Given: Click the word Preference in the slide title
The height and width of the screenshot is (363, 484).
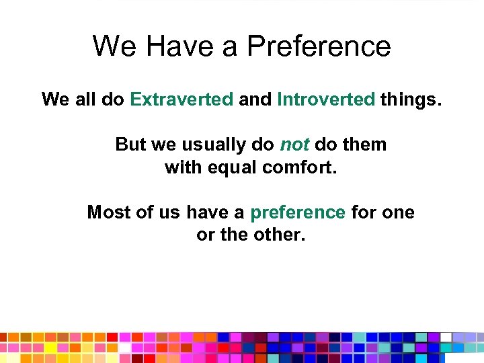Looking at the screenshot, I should coord(319,46).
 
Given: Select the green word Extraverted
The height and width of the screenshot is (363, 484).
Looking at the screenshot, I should coord(182,99).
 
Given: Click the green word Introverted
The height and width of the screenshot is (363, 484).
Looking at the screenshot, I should coord(326,99).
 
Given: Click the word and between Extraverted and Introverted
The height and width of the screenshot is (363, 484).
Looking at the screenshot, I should coord(255,99).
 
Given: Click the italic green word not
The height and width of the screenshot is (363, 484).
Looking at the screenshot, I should coord(294,145).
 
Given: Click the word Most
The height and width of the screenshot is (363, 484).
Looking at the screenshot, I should coord(106,212).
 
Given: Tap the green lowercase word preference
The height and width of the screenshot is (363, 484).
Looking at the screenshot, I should coord(298,213).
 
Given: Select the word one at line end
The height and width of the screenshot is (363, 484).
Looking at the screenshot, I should coord(398,212).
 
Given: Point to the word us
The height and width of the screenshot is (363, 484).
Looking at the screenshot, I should coord(170,212).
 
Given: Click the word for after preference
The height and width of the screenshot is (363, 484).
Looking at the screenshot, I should coord(363,212).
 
